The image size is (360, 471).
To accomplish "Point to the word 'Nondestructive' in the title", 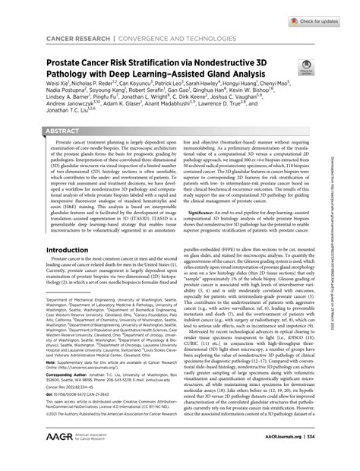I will tap(248, 58).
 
